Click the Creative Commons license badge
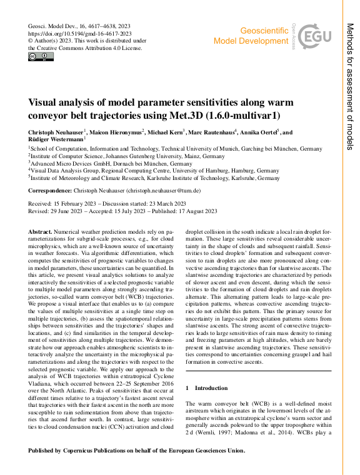(x=41, y=57)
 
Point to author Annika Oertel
(x=260, y=132)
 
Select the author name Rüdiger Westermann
(x=52, y=141)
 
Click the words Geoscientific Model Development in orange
(x=250, y=36)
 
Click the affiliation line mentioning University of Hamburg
(x=154, y=169)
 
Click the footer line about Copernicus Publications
(x=137, y=450)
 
